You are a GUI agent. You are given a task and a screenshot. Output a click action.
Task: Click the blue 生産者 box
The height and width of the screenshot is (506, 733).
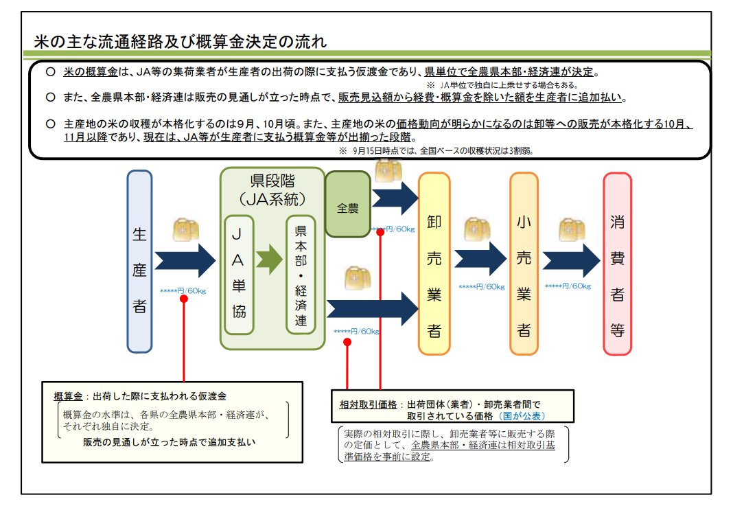tap(139, 262)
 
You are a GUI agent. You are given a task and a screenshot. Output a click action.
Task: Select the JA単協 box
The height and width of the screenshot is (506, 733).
tap(239, 274)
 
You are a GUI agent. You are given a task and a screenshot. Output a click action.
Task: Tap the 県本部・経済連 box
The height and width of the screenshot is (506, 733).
tap(301, 274)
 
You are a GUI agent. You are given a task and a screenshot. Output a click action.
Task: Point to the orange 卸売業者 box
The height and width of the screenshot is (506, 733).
tap(434, 264)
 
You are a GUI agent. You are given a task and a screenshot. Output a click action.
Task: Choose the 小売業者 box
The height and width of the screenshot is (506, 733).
tap(524, 264)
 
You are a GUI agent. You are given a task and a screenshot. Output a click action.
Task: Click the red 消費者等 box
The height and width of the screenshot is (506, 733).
tap(617, 264)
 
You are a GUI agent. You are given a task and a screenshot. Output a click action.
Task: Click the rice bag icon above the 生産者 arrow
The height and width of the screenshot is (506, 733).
tap(185, 229)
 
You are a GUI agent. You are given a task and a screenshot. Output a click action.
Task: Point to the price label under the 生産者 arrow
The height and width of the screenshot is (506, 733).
tap(183, 290)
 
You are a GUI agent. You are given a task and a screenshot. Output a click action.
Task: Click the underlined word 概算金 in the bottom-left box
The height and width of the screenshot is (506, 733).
tap(68, 397)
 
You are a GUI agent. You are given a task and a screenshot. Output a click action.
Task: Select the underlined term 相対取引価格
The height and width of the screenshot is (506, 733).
tap(363, 404)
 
